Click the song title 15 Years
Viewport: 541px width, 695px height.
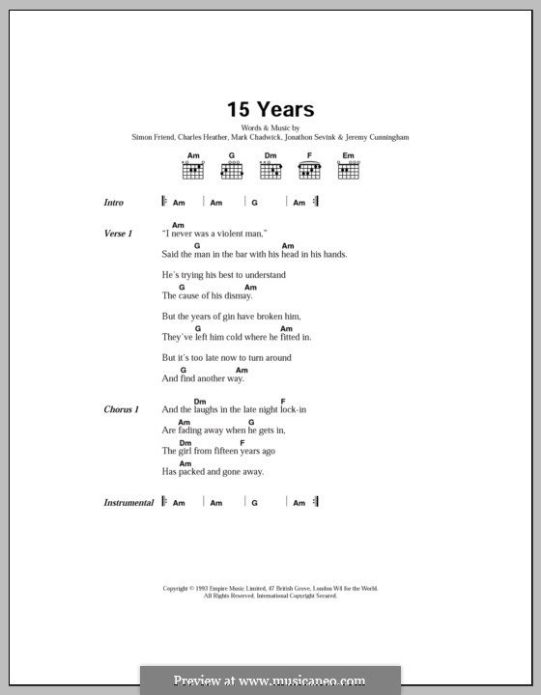[x=270, y=110]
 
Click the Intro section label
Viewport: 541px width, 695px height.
[x=115, y=203]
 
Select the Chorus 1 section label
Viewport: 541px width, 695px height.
[x=121, y=410]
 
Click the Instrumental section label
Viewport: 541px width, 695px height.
[x=128, y=503]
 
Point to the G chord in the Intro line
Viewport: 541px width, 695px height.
[x=254, y=204]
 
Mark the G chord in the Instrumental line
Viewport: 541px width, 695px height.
[x=254, y=504]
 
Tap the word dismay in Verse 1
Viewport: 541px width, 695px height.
[x=235, y=296]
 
